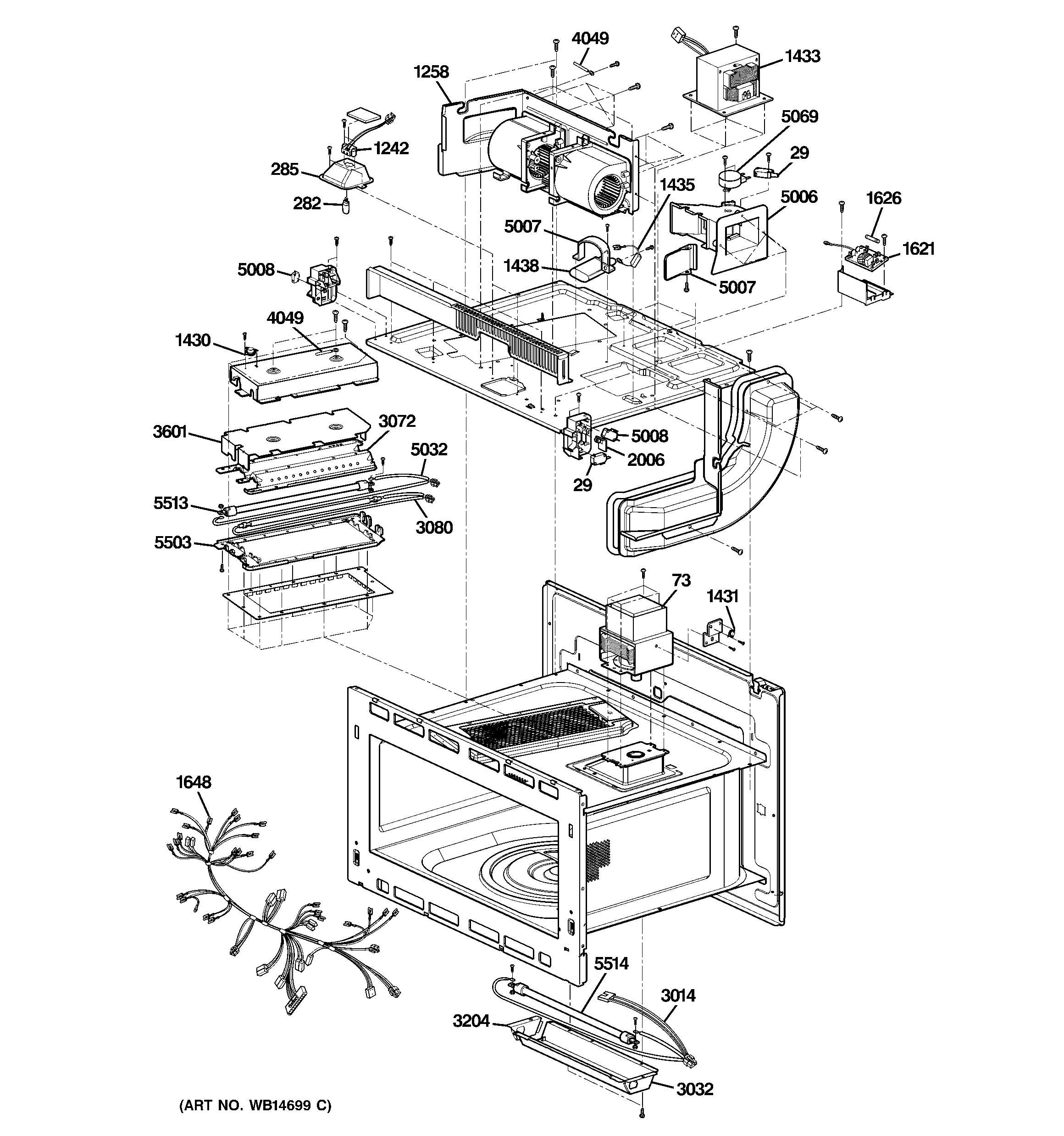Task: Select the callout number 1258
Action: (x=431, y=73)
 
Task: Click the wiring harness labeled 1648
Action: (x=274, y=903)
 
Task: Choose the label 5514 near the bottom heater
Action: (x=611, y=964)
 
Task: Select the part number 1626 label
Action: (x=883, y=199)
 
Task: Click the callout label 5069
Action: (x=799, y=117)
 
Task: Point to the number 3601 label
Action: (x=170, y=431)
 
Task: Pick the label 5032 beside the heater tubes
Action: (x=429, y=450)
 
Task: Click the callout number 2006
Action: (x=645, y=460)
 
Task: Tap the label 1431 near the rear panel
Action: (x=722, y=597)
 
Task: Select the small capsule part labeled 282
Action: (x=347, y=206)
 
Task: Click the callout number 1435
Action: (x=677, y=185)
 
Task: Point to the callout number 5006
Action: (x=798, y=197)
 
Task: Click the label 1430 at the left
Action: (x=193, y=341)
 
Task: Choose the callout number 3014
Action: (x=678, y=996)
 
